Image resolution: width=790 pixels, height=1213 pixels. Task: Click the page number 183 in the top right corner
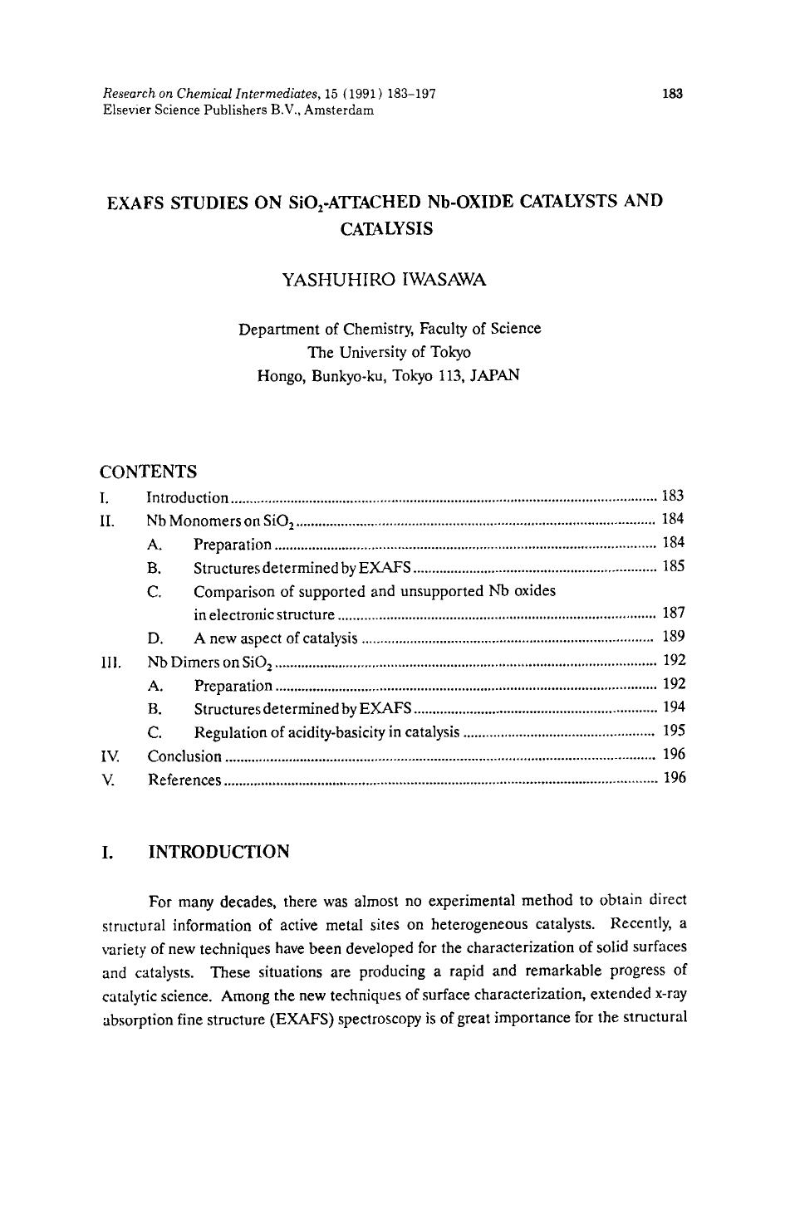point(672,94)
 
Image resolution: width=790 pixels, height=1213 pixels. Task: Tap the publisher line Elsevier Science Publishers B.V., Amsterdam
point(238,110)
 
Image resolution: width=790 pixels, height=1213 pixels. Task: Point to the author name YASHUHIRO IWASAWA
point(385,280)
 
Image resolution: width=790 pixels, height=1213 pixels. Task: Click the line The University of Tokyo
point(389,351)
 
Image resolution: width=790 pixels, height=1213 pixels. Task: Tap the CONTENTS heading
point(148,472)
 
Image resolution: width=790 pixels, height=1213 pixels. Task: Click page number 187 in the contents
point(674,614)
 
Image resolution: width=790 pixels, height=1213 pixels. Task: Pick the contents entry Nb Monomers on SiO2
point(221,521)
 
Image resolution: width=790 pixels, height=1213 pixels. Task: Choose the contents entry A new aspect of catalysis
point(275,638)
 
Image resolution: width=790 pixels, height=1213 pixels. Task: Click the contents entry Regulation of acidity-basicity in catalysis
point(326,732)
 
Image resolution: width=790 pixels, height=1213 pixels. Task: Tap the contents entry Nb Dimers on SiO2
point(210,663)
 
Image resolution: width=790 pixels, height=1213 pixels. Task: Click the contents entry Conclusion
point(184,756)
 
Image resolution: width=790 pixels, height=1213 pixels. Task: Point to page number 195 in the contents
point(674,731)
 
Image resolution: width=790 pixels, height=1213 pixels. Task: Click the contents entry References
point(184,780)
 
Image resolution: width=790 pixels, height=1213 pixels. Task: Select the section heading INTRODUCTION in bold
point(218,852)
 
